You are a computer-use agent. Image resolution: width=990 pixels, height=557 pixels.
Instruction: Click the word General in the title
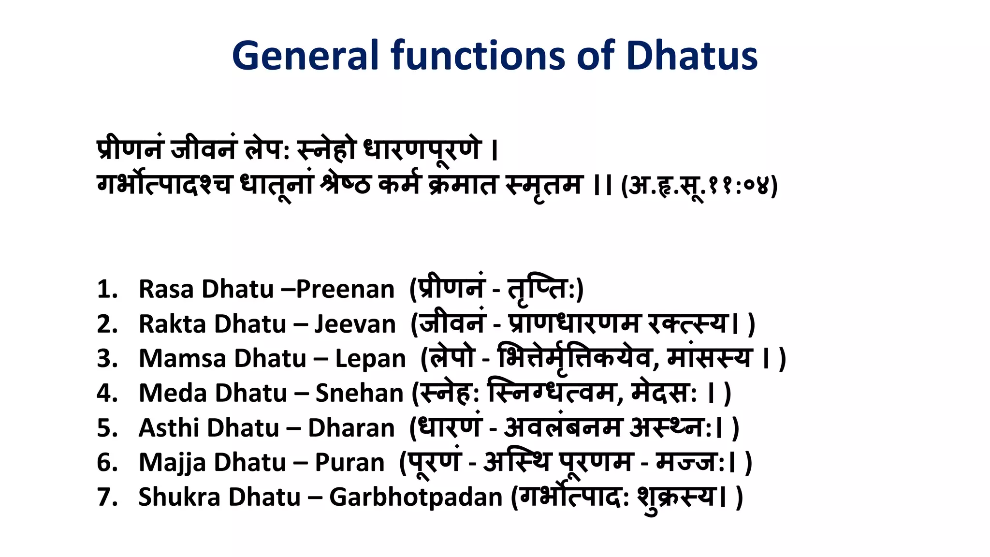tap(305, 56)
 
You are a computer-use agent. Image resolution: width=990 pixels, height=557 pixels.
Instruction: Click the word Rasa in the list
tap(166, 289)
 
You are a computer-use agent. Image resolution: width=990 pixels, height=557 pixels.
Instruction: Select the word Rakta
tap(173, 324)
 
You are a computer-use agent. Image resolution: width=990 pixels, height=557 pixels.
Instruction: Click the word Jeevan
tap(355, 324)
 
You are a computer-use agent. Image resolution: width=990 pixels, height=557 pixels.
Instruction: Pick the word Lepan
tap(371, 359)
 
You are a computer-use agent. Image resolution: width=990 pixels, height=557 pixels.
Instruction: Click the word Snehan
tap(359, 393)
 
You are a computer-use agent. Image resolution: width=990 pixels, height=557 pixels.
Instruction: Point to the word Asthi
tap(169, 428)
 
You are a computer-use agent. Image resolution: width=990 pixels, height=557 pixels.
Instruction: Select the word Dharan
tap(351, 428)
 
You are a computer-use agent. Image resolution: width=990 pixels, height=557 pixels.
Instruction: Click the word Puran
tap(349, 463)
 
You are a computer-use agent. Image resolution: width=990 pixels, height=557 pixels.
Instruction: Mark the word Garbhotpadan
tap(416, 497)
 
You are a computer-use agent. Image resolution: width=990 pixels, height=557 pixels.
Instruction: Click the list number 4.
tap(107, 393)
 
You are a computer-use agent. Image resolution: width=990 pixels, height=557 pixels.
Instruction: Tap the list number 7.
tap(107, 497)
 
